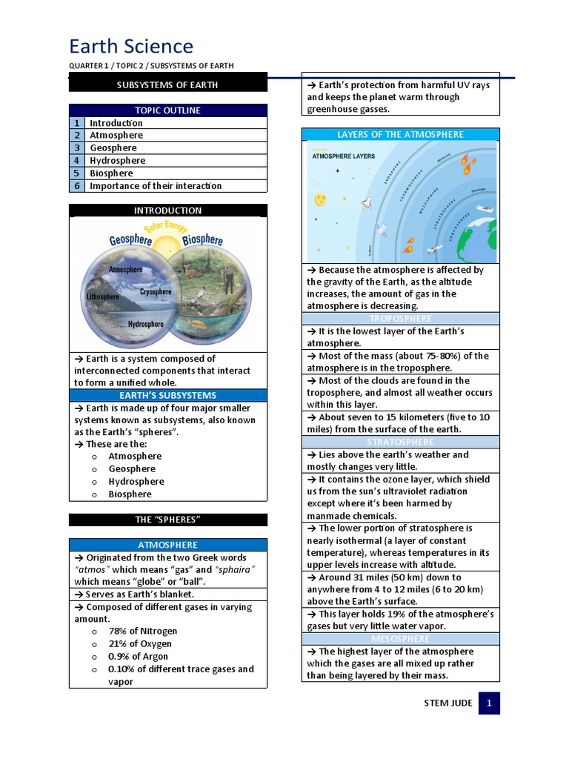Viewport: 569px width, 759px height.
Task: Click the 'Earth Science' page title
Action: [131, 47]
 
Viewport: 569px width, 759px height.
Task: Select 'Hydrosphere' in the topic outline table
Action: [117, 161]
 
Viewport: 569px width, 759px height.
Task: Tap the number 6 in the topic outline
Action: [76, 186]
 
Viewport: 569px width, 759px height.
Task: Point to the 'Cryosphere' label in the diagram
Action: [156, 292]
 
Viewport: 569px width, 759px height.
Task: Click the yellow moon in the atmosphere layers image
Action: [320, 200]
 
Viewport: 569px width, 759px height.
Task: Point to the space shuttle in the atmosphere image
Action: [365, 202]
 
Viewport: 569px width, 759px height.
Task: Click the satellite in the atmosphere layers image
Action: [380, 230]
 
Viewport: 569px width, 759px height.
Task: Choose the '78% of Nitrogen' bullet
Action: [142, 632]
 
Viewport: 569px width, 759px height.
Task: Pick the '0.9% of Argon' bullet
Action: [138, 657]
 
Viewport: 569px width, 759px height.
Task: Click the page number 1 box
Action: [489, 703]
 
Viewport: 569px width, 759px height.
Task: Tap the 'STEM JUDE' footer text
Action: [447, 703]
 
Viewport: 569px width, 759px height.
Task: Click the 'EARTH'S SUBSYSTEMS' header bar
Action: [167, 396]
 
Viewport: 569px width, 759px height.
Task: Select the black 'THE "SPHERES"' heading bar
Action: [167, 520]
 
